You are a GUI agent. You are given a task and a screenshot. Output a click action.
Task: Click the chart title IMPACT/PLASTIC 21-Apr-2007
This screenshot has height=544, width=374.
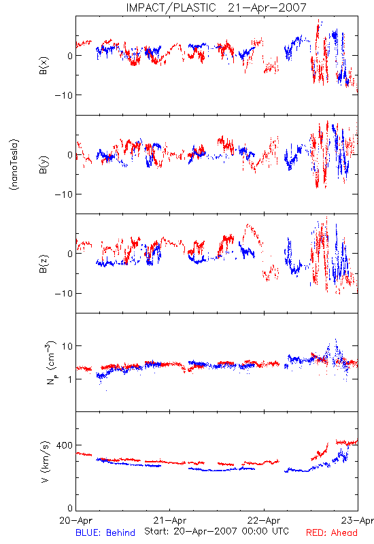click(x=216, y=7)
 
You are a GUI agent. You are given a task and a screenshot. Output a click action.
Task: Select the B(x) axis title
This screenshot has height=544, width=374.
click(x=44, y=65)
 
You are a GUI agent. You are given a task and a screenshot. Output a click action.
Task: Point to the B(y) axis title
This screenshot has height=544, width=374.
click(x=44, y=165)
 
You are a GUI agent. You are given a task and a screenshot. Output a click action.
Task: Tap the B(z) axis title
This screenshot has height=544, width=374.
click(x=44, y=264)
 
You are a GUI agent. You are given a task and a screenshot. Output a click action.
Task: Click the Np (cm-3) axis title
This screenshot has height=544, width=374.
click(x=50, y=362)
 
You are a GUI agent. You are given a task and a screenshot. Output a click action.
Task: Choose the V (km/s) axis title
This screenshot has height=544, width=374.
click(x=45, y=462)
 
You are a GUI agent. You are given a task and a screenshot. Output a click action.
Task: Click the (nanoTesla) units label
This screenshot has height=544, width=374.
click(x=14, y=165)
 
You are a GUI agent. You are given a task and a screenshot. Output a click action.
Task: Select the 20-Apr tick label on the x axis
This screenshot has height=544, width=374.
click(x=76, y=520)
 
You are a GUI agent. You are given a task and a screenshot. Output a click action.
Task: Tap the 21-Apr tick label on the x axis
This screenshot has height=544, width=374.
click(x=170, y=520)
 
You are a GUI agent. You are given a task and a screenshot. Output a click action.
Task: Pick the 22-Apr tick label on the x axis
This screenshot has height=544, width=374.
click(x=264, y=520)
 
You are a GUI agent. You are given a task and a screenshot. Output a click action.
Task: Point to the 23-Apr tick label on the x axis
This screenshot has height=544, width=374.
click(x=358, y=520)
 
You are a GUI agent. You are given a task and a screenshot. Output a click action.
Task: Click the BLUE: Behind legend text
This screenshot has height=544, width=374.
click(x=105, y=532)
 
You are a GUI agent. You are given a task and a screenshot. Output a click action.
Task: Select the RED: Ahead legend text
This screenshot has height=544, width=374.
click(x=332, y=532)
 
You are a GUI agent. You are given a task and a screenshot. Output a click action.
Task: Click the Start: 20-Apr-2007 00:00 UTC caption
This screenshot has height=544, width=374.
click(x=216, y=531)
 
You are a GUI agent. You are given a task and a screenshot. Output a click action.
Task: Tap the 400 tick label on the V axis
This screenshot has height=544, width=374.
click(x=65, y=445)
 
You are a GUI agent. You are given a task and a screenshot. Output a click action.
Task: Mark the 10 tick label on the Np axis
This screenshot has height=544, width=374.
click(x=67, y=346)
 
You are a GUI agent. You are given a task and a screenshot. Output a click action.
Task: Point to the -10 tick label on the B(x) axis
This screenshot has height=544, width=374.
click(x=64, y=95)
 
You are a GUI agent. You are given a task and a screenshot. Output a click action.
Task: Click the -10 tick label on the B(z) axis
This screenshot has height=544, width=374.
click(x=64, y=294)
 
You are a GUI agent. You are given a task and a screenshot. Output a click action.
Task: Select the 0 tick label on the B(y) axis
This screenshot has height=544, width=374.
click(x=70, y=155)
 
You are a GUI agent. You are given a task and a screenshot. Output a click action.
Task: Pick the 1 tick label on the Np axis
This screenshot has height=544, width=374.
click(x=71, y=379)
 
